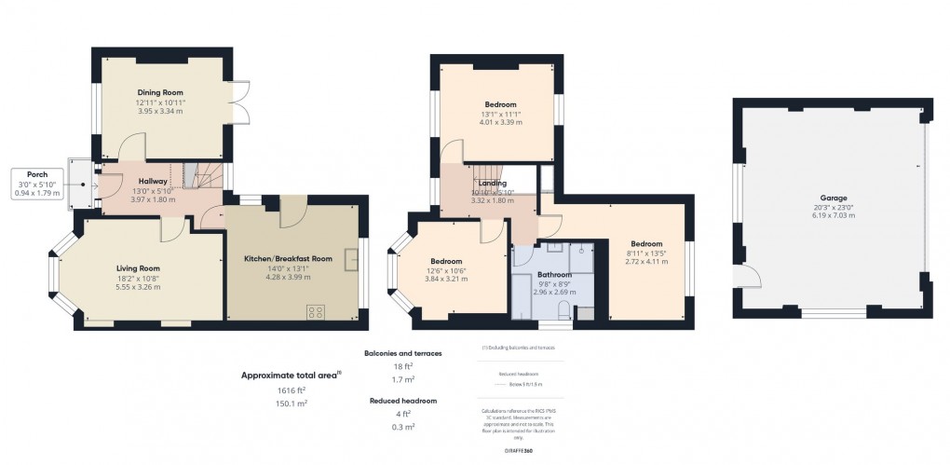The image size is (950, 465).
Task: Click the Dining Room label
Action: (160, 93)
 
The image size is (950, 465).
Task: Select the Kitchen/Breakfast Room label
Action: (288, 258)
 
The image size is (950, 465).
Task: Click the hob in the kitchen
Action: (316, 311)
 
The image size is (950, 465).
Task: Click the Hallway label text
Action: (153, 181)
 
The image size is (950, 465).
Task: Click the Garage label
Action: (832, 198)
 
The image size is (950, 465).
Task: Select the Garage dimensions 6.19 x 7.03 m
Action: (832, 215)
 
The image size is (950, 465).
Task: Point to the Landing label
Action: (493, 183)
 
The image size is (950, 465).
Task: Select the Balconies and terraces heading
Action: (404, 354)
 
